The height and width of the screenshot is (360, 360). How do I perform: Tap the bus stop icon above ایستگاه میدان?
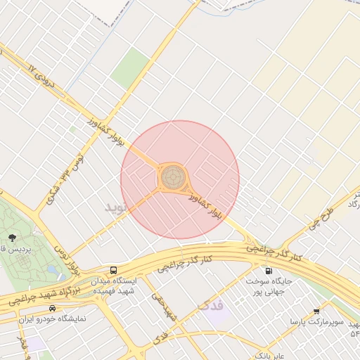coord(114,271)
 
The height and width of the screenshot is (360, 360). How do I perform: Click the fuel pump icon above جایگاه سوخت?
coord(268,271)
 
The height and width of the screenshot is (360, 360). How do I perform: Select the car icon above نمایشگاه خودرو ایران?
coord(52,309)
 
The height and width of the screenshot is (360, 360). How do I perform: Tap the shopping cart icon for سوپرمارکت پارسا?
coord(316,311)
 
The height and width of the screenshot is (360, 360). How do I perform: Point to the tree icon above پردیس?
coord(13,237)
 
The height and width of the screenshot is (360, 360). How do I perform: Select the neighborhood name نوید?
coord(117,207)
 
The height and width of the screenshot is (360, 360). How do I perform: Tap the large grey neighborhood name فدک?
coord(210,305)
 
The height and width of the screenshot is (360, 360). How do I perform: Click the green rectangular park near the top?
coord(130,68)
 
